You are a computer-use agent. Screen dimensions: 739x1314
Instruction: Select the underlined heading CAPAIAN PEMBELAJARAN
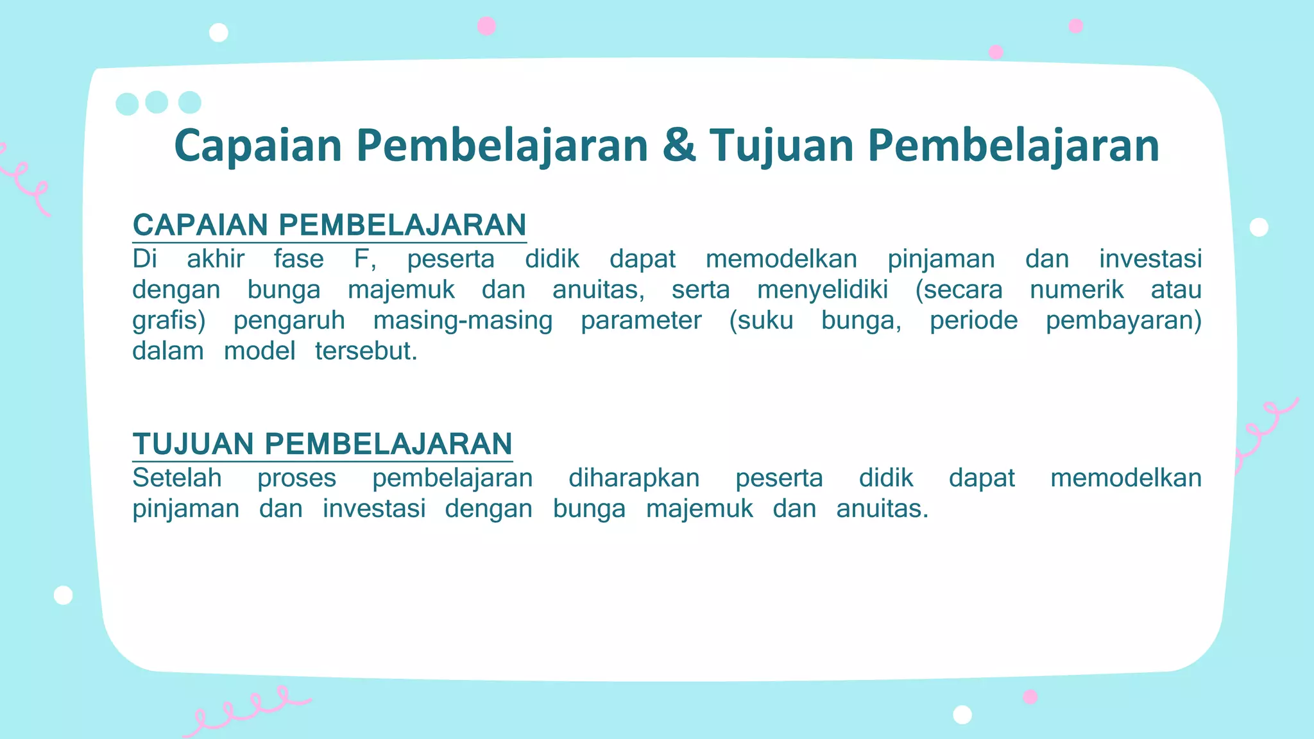329,225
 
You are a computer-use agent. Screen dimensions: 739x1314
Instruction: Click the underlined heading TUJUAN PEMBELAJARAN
322,444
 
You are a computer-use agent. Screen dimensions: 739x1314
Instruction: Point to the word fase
298,259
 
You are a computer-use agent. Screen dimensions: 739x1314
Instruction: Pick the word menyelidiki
823,290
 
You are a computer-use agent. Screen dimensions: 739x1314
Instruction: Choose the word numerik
1077,290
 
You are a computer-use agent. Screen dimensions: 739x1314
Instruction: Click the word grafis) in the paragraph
169,321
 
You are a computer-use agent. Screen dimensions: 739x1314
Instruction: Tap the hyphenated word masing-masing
463,321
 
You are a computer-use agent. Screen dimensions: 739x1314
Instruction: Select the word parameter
641,321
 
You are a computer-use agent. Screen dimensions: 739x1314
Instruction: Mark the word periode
973,321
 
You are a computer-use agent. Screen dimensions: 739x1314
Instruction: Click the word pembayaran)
1123,321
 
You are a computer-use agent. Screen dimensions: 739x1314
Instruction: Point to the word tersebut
366,352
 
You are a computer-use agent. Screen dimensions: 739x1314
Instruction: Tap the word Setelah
177,478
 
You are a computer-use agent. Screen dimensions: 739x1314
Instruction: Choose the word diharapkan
634,478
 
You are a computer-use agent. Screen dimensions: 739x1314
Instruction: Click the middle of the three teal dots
157,102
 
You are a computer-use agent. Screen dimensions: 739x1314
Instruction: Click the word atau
1175,290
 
